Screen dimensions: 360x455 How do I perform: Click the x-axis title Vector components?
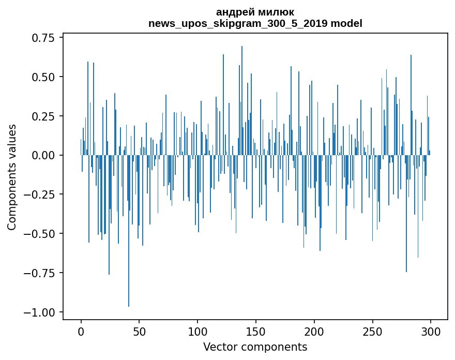pyautogui.click(x=255, y=347)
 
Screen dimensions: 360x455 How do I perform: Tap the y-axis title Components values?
pyautogui.click(x=12, y=177)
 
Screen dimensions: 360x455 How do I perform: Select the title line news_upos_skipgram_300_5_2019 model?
pyautogui.click(x=255, y=23)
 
